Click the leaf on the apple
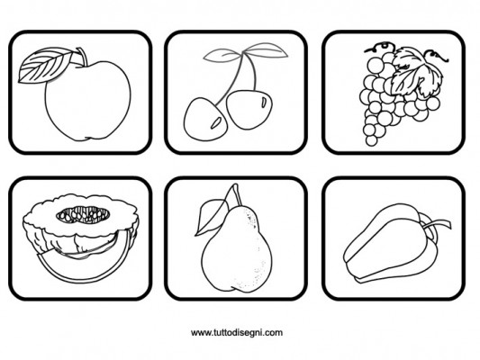click(x=43, y=65)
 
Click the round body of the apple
click(x=88, y=100)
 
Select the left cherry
click(x=204, y=120)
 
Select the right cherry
click(x=249, y=109)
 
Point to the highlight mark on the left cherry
click(x=216, y=122)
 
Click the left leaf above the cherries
click(x=222, y=56)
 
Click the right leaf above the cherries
click(x=266, y=50)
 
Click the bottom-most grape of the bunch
click(x=371, y=140)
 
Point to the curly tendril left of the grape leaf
click(x=379, y=48)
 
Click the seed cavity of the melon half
click(x=83, y=214)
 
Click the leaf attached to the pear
click(x=212, y=217)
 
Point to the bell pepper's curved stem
click(x=436, y=225)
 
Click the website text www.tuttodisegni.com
click(x=237, y=332)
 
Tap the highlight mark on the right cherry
click(x=264, y=102)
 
